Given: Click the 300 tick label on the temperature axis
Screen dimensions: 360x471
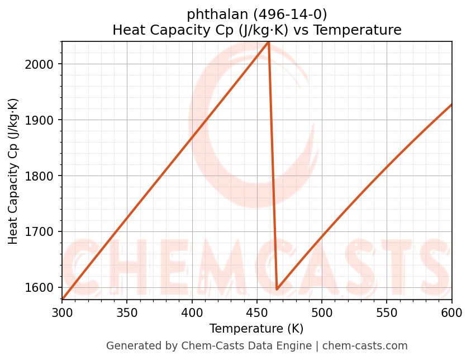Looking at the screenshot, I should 62,312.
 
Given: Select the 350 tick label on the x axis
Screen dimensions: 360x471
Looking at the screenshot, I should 127,312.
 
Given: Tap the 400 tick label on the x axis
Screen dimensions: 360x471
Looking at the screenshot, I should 192,312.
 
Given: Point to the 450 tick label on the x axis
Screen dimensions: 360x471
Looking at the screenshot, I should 257,312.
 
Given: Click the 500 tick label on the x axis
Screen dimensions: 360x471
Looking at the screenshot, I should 322,312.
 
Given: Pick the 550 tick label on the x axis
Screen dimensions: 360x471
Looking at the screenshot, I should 387,312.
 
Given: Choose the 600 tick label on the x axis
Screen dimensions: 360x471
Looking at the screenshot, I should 451,312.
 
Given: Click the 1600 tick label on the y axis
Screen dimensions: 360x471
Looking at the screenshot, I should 43,288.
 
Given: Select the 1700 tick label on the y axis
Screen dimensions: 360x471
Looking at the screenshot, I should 43,232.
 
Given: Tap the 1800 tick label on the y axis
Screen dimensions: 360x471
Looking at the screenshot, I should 43,176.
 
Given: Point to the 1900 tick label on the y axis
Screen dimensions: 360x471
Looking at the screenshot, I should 43,120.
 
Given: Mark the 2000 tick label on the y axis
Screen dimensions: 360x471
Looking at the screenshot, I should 43,64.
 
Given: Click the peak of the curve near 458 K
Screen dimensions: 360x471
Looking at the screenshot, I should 268,42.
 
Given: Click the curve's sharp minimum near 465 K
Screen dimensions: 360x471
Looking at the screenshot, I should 277,290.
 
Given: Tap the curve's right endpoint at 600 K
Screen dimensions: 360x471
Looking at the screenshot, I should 451,105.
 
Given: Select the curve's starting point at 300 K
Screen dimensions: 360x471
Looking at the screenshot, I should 62,299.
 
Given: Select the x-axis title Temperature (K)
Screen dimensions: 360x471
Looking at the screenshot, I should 256,329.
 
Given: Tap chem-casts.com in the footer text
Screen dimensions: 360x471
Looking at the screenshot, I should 365,346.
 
